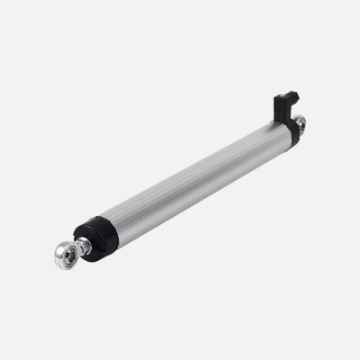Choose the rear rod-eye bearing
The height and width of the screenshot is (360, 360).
[300, 121]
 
